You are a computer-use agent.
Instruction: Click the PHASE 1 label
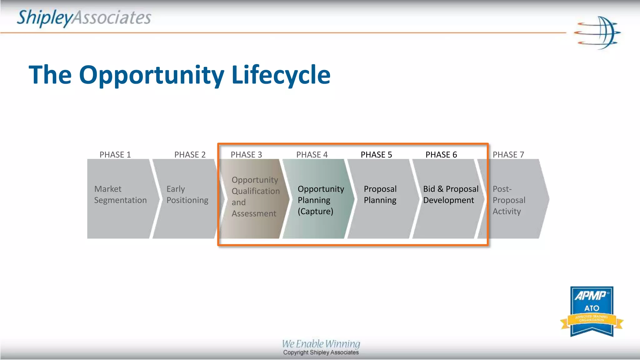(115, 155)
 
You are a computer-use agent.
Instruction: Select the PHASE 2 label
(190, 155)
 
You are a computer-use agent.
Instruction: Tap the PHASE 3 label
(246, 155)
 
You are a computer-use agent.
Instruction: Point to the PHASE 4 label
(312, 155)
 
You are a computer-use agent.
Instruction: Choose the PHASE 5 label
(376, 155)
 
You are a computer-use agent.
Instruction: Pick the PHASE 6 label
(441, 155)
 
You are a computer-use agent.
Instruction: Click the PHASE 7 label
(508, 155)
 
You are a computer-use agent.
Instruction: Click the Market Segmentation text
(120, 195)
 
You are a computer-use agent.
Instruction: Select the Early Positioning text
(187, 195)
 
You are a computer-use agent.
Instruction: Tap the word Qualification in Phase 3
(256, 191)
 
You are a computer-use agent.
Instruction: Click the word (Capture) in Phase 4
(315, 212)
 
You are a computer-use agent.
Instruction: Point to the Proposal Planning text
(380, 195)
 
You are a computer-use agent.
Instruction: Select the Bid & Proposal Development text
(451, 195)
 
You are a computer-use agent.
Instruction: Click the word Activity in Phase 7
(507, 212)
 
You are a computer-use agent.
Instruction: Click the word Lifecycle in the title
(281, 75)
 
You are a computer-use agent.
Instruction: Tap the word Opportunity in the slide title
(152, 75)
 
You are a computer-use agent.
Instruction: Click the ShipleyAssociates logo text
(84, 18)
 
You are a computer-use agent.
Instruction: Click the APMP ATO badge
(592, 311)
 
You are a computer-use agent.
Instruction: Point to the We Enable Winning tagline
(321, 344)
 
